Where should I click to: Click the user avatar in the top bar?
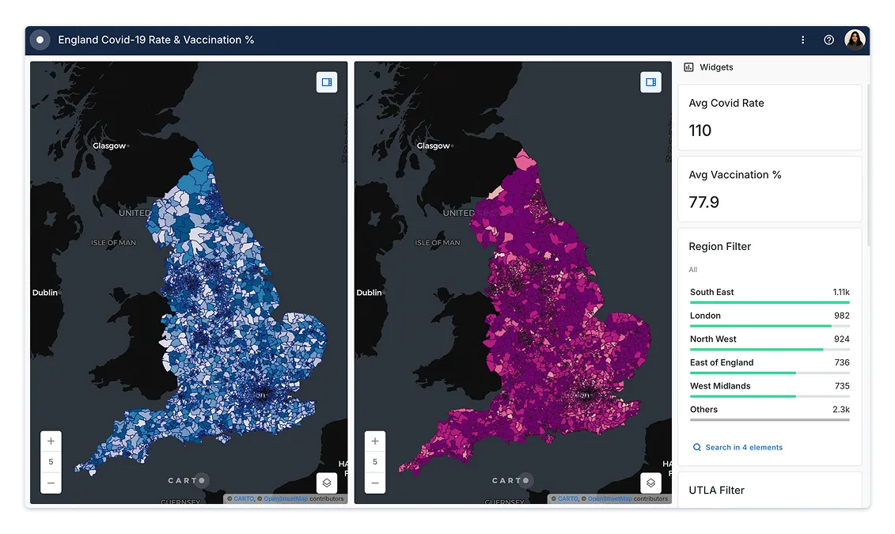(x=855, y=40)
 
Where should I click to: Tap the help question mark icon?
(x=829, y=40)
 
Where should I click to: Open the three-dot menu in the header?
(x=802, y=40)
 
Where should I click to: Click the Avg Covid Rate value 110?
(x=700, y=131)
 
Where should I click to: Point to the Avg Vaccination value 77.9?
(x=703, y=202)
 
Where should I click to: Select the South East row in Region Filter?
(x=712, y=292)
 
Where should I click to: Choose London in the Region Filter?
(x=705, y=316)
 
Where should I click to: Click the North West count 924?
(x=841, y=339)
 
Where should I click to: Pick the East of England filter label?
(x=722, y=362)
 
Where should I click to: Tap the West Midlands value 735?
(x=841, y=386)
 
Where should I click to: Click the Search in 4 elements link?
(x=743, y=447)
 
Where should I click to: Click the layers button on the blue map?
(x=327, y=483)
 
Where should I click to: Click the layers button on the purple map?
(x=650, y=483)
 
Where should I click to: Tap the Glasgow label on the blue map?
(x=109, y=146)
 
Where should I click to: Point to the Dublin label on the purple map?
(x=369, y=293)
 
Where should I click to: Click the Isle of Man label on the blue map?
(x=114, y=243)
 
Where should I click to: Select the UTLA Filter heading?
(x=716, y=490)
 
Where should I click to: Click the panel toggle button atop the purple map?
(x=650, y=82)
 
